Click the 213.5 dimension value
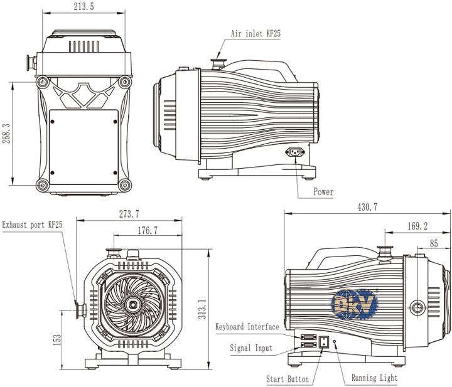tap(84, 6)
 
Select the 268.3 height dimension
tap(6, 134)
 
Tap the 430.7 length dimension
tap(367, 207)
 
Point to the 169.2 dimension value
tap(417, 226)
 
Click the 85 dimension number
tap(434, 243)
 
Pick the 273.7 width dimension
tap(129, 214)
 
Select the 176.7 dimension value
tap(148, 230)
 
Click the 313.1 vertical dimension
tap(202, 309)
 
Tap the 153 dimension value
tap(57, 339)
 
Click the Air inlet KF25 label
tap(256, 33)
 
